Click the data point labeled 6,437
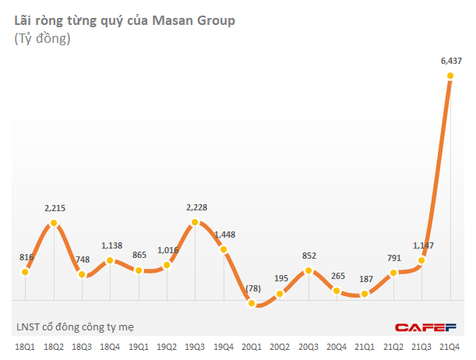pyautogui.click(x=450, y=76)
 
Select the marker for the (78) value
pyautogui.click(x=252, y=303)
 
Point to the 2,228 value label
pyautogui.click(x=196, y=207)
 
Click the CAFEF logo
pyautogui.click(x=424, y=327)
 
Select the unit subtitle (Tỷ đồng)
pyautogui.click(x=42, y=39)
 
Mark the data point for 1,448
pyautogui.click(x=224, y=250)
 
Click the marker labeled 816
pyautogui.click(x=26, y=272)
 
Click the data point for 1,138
pyautogui.click(x=111, y=261)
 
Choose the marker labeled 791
pyautogui.click(x=394, y=272)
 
